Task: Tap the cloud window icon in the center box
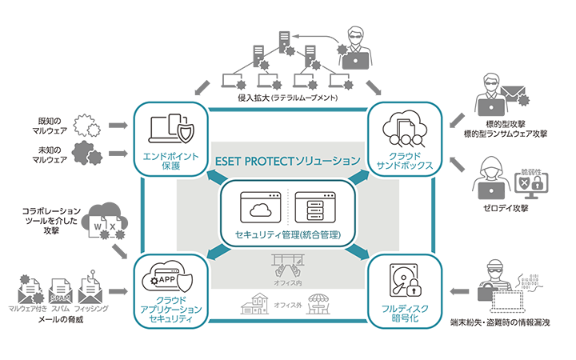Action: click(258, 209)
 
